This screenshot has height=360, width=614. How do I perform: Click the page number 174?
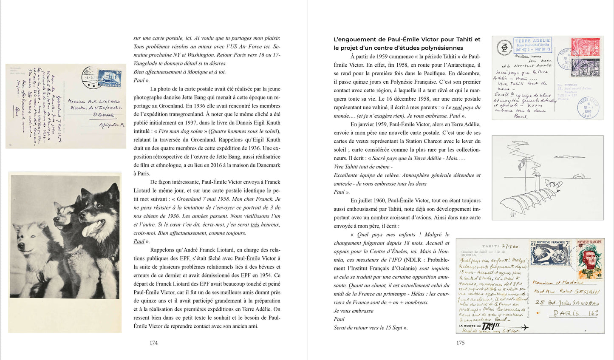[x=153, y=343]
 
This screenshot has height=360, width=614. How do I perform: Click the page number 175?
[x=460, y=343]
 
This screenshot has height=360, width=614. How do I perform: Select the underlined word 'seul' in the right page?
[x=457, y=108]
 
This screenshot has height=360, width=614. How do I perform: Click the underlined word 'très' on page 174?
[x=255, y=224]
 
